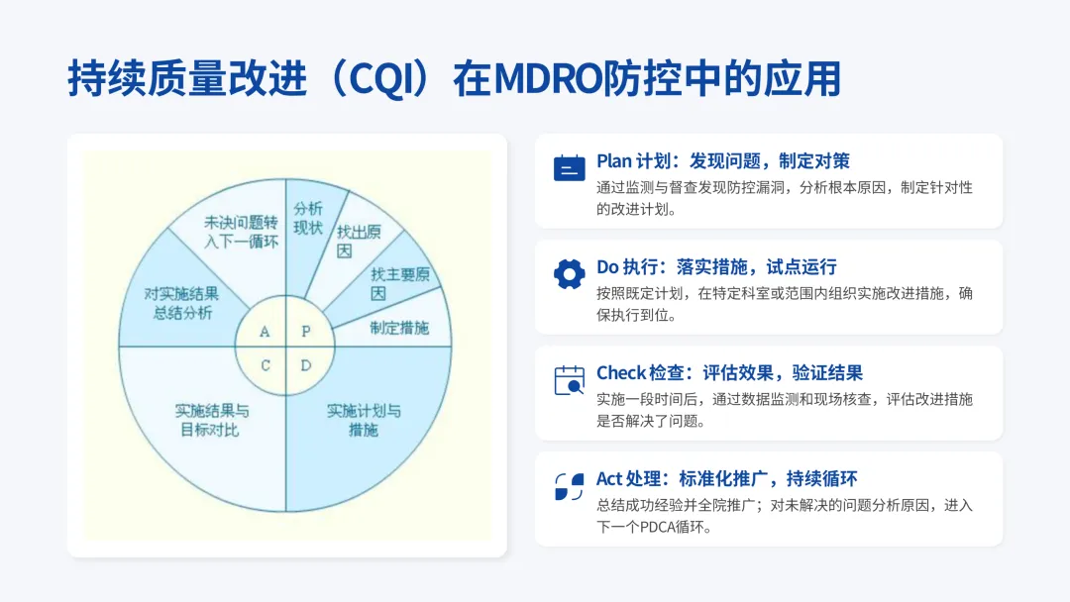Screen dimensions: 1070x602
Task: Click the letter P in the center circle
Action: click(306, 331)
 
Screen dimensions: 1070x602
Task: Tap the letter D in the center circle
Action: click(306, 365)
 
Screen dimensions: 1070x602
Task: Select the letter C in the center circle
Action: click(266, 365)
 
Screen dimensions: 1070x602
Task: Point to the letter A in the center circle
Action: click(265, 331)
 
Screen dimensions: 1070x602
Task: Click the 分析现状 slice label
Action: click(308, 218)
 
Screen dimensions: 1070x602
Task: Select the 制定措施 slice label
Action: click(399, 327)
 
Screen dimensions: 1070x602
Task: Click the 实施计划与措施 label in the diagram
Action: click(364, 420)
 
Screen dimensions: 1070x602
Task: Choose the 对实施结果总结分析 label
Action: click(183, 303)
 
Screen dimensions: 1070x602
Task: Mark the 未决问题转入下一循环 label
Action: click(241, 232)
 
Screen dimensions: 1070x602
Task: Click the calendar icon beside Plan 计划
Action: click(569, 169)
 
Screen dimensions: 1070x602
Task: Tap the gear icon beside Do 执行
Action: click(569, 274)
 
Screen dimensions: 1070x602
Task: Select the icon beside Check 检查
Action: click(569, 381)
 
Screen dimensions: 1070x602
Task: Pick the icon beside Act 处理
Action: click(569, 487)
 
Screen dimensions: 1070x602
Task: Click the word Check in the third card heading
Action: click(620, 373)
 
